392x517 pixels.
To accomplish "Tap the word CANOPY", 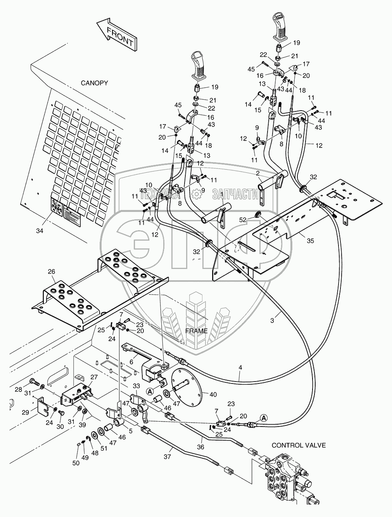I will tap(94, 83).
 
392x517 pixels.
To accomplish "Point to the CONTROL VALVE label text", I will tap(299, 445).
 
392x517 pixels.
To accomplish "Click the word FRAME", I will tap(197, 331).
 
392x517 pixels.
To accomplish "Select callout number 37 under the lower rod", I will tap(167, 457).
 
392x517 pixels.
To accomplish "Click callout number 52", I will tap(243, 220).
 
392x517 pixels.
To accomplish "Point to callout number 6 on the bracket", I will tap(131, 361).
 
